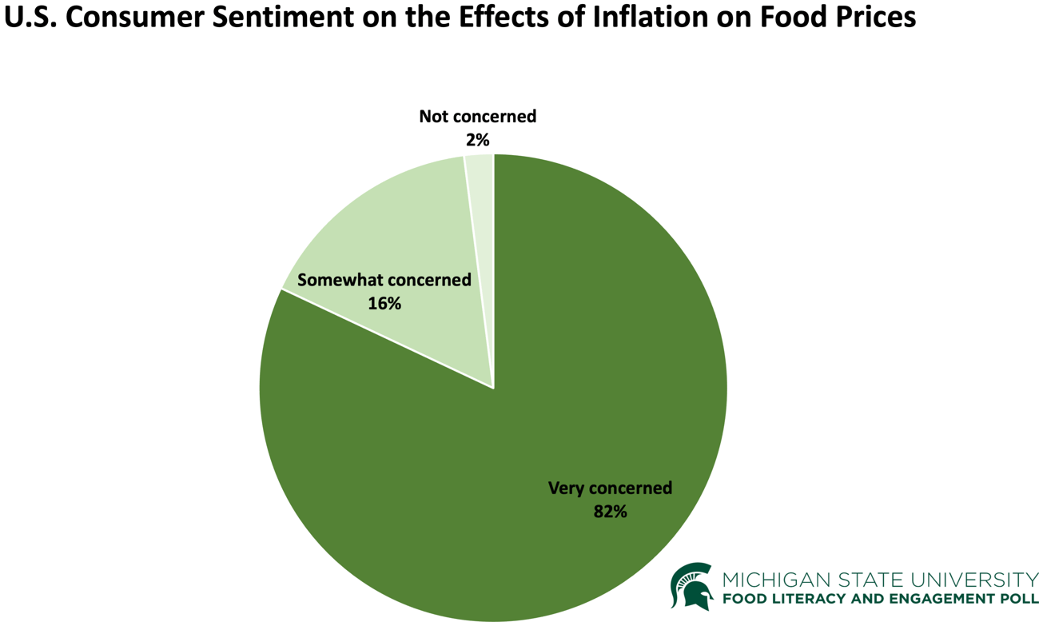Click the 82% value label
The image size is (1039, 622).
(x=610, y=512)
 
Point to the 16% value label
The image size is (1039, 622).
(x=384, y=304)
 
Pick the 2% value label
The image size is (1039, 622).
(x=477, y=140)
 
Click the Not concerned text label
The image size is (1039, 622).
(x=477, y=117)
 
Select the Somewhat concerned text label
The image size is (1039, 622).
(x=384, y=281)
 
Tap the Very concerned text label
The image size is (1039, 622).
(x=610, y=488)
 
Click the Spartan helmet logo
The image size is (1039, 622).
(x=692, y=586)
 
